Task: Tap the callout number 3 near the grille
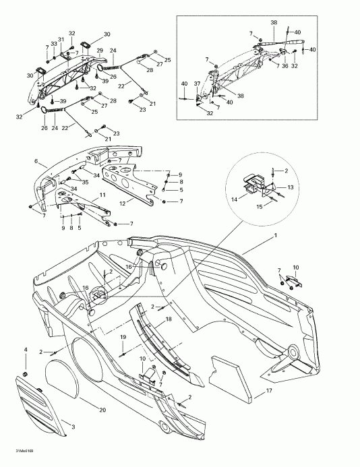tap(73, 428)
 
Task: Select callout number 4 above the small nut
tap(26, 349)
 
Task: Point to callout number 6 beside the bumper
tap(45, 163)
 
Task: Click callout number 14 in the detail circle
tap(235, 199)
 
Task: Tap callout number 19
tap(123, 337)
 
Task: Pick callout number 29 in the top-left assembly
tap(99, 51)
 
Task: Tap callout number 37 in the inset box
tap(197, 84)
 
